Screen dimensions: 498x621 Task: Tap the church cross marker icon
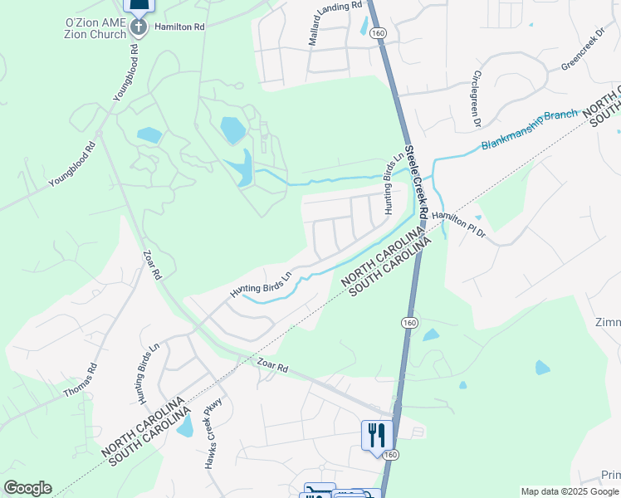pyautogui.click(x=139, y=27)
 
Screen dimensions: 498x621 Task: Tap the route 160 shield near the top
pyautogui.click(x=379, y=32)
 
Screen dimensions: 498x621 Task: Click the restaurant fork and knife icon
pyautogui.click(x=376, y=433)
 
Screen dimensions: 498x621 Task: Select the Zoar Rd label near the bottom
pyautogui.click(x=271, y=365)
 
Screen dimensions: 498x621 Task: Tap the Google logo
pyautogui.click(x=27, y=488)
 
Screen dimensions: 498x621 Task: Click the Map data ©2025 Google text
pyautogui.click(x=570, y=491)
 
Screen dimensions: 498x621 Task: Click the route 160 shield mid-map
pyautogui.click(x=409, y=322)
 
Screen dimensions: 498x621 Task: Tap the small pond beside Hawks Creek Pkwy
pyautogui.click(x=186, y=425)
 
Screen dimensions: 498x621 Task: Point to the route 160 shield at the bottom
pyautogui.click(x=391, y=454)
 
